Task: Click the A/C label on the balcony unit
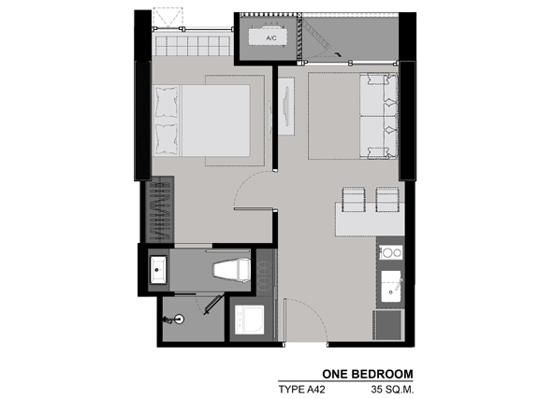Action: (x=271, y=38)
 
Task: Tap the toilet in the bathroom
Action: (x=232, y=271)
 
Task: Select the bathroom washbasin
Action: (x=158, y=270)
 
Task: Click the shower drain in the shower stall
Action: (x=179, y=320)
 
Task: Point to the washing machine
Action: (x=250, y=320)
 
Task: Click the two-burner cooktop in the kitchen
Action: (x=391, y=253)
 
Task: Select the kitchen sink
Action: (x=391, y=287)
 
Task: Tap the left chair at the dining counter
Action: (x=354, y=199)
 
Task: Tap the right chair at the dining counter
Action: (x=387, y=199)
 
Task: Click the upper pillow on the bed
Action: (x=167, y=103)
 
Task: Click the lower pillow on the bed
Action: (x=167, y=138)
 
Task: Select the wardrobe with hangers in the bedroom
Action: (x=160, y=210)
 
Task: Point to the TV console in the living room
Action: (x=286, y=107)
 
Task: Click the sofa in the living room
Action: (x=379, y=117)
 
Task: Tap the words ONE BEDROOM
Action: (x=368, y=374)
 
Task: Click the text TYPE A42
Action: (x=301, y=390)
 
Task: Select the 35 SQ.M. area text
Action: (x=392, y=390)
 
